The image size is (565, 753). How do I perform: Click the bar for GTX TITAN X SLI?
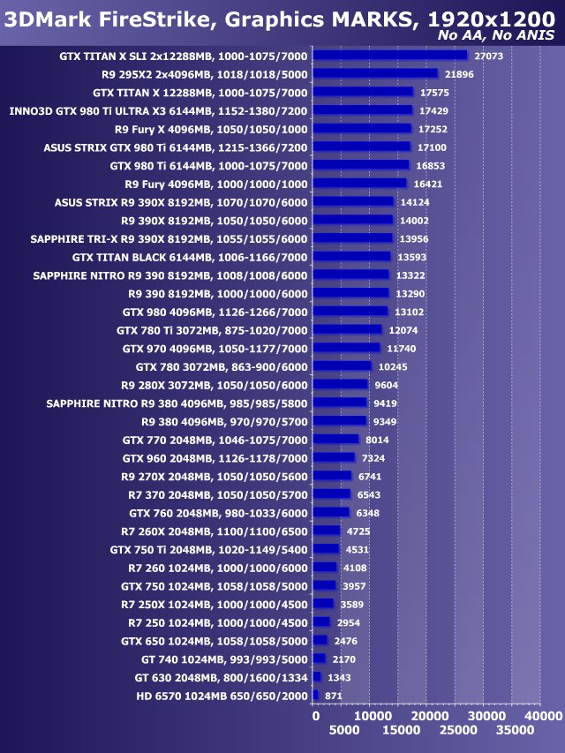click(390, 55)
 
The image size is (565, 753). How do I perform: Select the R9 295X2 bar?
click(375, 74)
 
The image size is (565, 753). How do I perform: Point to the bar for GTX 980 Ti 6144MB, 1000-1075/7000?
click(361, 165)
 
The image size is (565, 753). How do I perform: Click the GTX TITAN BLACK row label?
click(190, 257)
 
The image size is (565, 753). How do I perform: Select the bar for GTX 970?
click(346, 348)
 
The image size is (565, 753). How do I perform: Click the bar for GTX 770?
click(336, 439)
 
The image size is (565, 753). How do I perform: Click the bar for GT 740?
click(320, 659)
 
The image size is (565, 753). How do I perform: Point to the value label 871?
click(334, 696)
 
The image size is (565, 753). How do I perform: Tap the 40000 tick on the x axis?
click(538, 714)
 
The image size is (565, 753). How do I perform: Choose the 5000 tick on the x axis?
click(344, 731)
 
